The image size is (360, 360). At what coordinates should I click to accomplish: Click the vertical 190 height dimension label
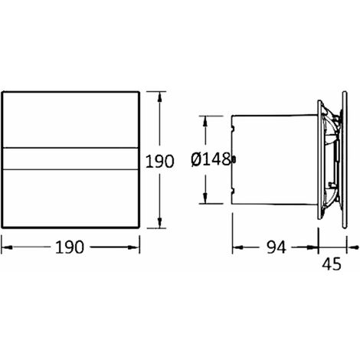(x=159, y=162)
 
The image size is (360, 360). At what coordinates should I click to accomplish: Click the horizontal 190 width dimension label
(x=70, y=247)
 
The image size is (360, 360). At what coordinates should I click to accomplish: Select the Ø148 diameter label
(x=211, y=159)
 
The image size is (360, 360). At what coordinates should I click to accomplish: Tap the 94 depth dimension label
(x=277, y=247)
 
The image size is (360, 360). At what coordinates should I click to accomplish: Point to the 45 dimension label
(x=332, y=263)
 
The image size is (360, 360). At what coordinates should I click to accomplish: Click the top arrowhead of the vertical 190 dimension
(x=159, y=97)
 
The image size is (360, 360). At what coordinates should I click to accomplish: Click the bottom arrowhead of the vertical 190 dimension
(x=159, y=222)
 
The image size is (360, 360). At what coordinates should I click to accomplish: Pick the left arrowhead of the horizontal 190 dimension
(x=7, y=247)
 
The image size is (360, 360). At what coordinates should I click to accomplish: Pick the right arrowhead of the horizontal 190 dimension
(x=134, y=247)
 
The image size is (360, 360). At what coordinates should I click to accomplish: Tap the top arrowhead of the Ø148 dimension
(x=205, y=121)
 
